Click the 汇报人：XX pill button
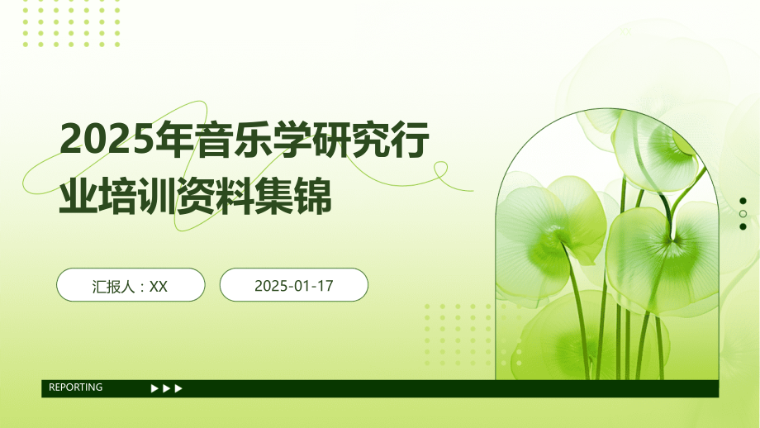point(131,285)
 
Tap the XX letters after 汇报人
point(159,286)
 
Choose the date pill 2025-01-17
point(293,285)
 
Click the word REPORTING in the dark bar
point(76,388)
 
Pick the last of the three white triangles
point(179,388)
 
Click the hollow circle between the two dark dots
point(743,214)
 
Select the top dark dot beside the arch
point(743,201)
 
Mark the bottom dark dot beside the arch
point(743,226)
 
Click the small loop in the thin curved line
point(440,169)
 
